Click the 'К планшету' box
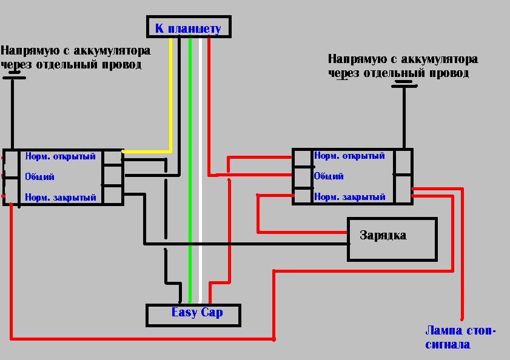pyautogui.click(x=189, y=27)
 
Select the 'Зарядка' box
pyautogui.click(x=392, y=239)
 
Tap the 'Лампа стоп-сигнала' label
pyautogui.click(x=460, y=338)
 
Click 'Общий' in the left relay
pyautogui.click(x=39, y=177)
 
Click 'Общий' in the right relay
pyautogui.click(x=329, y=176)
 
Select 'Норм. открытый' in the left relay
pyautogui.click(x=60, y=156)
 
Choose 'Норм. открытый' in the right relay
pyautogui.click(x=349, y=156)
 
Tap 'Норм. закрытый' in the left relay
pyautogui.click(x=60, y=198)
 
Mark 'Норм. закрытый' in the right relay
pyautogui.click(x=349, y=197)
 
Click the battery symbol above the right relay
pyautogui.click(x=404, y=85)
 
